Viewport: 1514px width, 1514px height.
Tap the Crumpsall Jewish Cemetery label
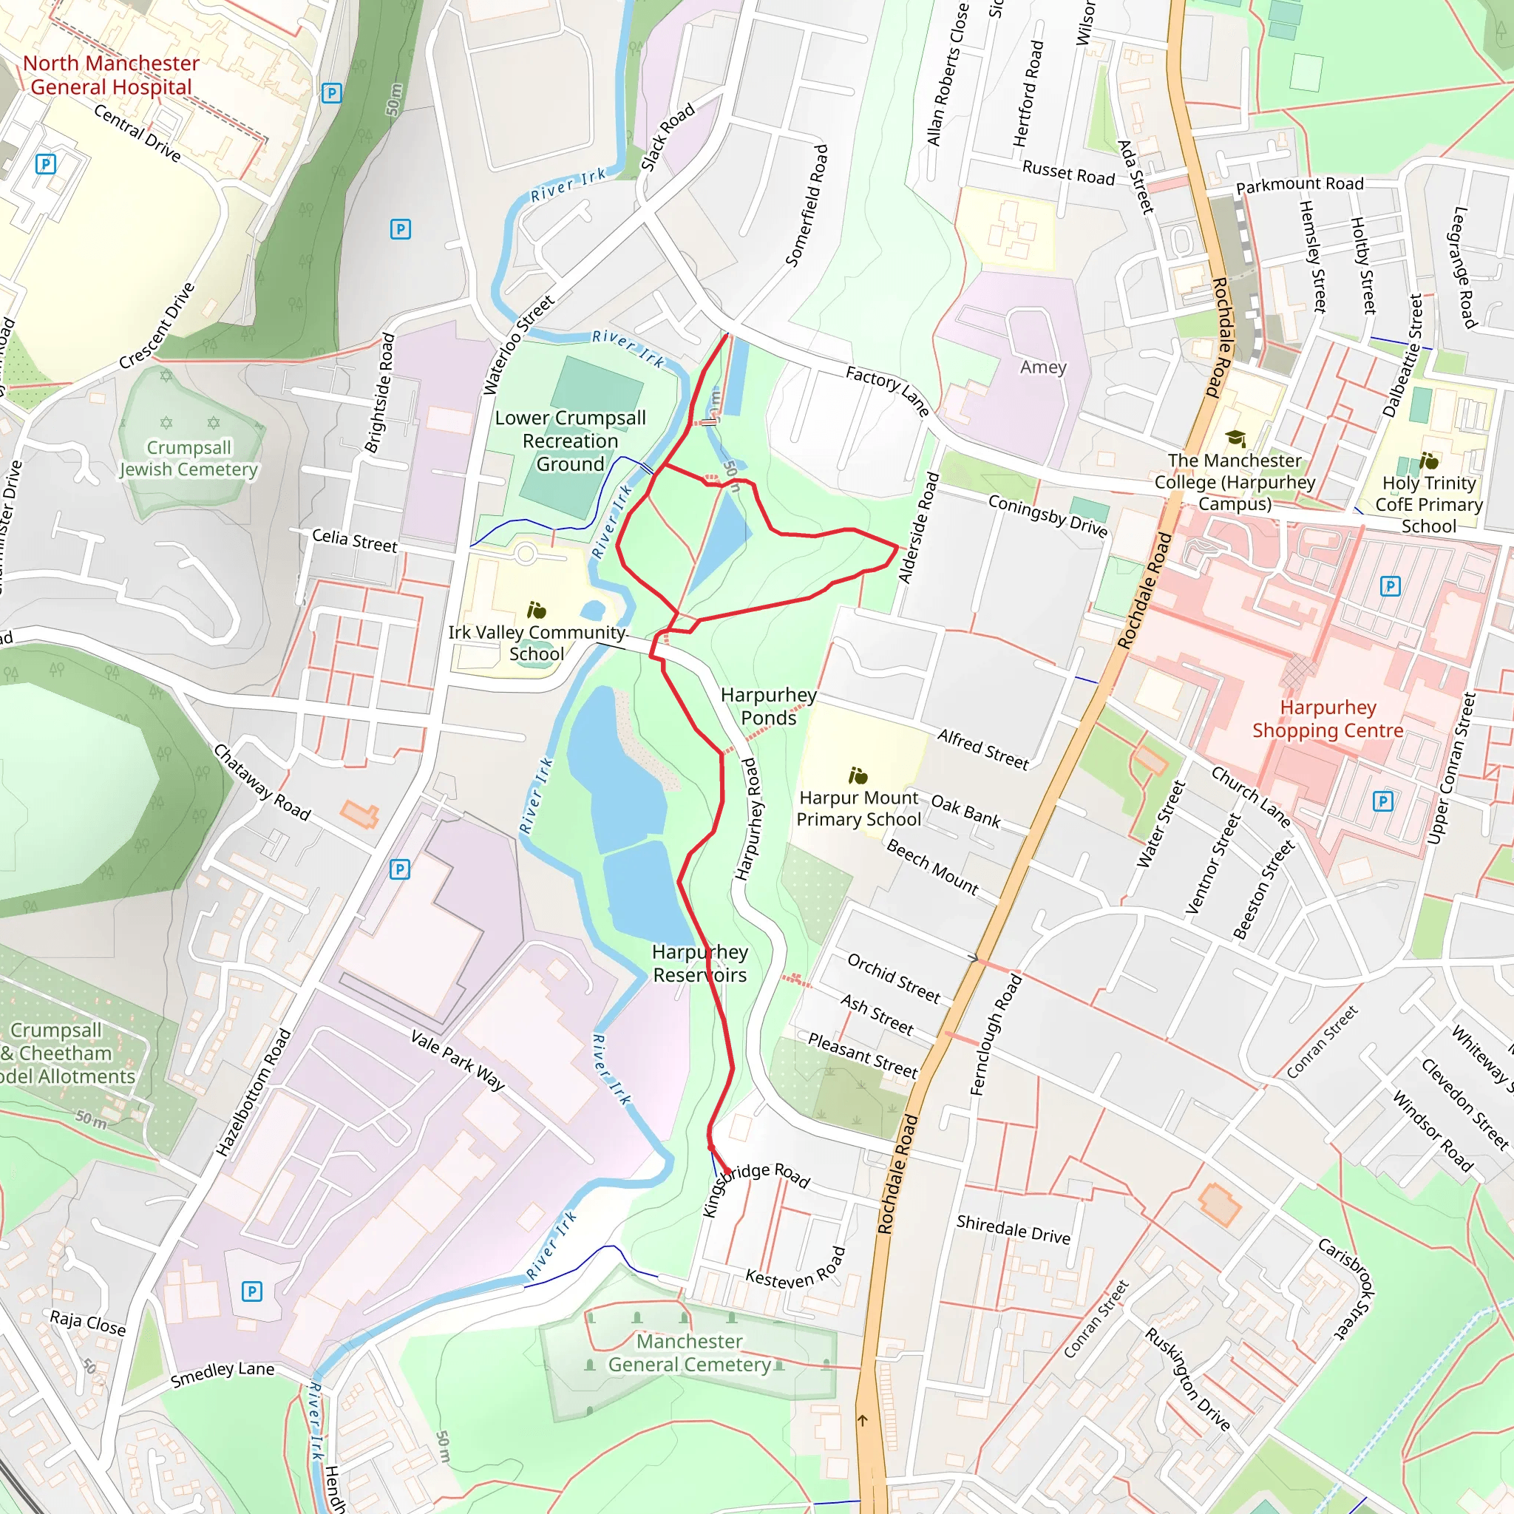(188, 458)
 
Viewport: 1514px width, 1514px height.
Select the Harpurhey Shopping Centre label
(1328, 719)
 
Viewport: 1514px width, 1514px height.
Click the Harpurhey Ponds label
(768, 706)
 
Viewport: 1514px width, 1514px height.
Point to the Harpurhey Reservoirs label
(700, 963)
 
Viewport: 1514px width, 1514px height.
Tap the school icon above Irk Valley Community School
(537, 610)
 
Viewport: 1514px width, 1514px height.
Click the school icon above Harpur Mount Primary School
(858, 775)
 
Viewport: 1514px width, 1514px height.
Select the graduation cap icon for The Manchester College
(1235, 438)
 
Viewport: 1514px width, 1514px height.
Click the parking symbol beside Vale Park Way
(400, 869)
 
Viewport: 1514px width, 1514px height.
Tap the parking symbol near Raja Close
(251, 1291)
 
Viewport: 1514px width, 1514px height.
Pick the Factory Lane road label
(887, 391)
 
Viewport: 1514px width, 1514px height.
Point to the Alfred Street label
(982, 749)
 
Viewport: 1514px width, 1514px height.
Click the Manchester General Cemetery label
(690, 1353)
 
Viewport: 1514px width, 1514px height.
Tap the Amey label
(1043, 367)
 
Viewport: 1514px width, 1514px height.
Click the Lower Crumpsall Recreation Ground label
(571, 441)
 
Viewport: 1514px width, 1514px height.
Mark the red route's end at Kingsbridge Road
(727, 1172)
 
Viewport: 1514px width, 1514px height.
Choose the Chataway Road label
(262, 782)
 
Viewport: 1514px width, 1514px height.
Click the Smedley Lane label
(223, 1374)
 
